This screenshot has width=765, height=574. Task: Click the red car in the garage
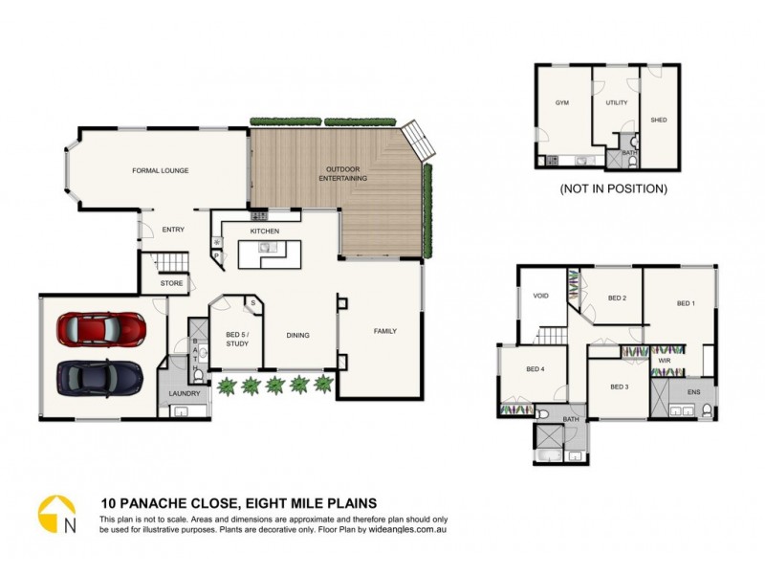tap(101, 330)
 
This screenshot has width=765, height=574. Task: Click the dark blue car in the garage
tap(100, 378)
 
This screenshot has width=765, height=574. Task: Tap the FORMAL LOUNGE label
tap(160, 170)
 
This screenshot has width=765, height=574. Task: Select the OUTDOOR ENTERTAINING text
tap(342, 173)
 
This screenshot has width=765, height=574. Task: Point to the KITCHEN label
tap(264, 232)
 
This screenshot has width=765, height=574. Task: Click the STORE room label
tap(171, 283)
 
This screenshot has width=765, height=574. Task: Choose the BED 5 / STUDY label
tap(236, 339)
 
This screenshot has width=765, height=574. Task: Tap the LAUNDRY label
tap(184, 393)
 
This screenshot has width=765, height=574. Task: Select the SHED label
tap(658, 120)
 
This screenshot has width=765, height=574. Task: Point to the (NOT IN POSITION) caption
tap(613, 189)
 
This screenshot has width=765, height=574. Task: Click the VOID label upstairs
tap(540, 296)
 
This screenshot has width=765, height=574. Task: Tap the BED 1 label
tap(685, 303)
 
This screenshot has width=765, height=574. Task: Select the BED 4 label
tap(535, 369)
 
